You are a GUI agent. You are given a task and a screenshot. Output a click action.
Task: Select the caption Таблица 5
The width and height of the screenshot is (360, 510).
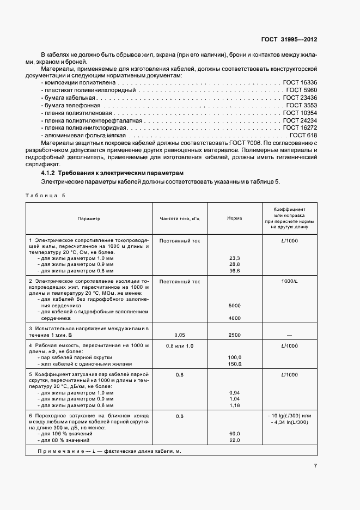pos(45,195)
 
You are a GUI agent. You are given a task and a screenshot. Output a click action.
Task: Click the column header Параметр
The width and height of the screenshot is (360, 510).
pos(89,218)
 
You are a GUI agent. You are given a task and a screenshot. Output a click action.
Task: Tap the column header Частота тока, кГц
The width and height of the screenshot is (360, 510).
pos(180,218)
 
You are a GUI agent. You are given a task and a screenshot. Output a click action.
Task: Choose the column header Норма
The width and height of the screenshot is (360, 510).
pos(235,218)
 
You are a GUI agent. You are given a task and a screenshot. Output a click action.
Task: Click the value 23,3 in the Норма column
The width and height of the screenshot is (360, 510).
pos(235,258)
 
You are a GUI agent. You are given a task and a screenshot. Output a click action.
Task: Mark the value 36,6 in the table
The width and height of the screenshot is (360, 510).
pos(235,270)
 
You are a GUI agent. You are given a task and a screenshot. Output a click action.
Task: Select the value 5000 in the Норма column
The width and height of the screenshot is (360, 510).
pos(235,306)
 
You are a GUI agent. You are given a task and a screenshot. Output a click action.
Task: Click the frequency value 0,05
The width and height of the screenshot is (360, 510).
pos(180,335)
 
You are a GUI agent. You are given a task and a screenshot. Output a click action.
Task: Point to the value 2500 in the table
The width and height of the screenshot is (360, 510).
pos(235,335)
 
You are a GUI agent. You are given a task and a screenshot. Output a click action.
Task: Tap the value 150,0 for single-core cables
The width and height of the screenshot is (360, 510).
pos(235,363)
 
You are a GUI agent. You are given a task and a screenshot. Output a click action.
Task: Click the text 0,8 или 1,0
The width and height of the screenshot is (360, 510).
pos(180,346)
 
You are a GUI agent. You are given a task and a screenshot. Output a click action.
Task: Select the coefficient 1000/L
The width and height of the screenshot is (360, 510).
pos(289,282)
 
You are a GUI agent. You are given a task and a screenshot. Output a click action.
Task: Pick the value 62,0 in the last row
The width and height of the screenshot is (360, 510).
pos(235,440)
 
